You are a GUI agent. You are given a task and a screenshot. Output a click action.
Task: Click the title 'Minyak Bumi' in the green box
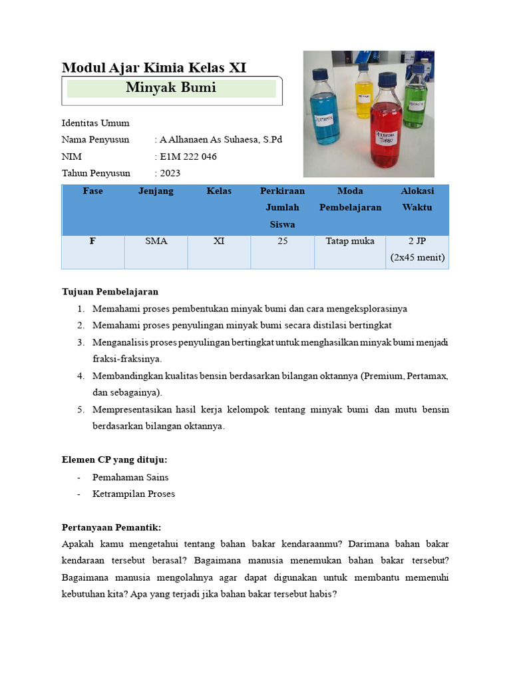coord(171,88)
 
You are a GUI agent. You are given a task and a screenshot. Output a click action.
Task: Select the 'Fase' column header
coord(93,191)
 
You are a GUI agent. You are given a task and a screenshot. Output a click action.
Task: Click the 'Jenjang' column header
coord(156,191)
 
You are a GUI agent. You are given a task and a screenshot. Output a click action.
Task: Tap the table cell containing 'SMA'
coord(156,241)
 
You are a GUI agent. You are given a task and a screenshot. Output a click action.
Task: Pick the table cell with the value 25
coord(282,241)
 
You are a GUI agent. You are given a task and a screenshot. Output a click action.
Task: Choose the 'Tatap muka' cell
coord(350,241)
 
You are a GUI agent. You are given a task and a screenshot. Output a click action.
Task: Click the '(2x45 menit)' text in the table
coord(417,258)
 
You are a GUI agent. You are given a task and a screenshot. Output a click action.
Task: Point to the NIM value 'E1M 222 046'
coord(188,157)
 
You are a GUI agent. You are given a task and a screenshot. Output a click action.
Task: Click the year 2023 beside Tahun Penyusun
coord(170,173)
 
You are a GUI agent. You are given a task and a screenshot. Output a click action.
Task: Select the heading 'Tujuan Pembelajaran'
coord(110,292)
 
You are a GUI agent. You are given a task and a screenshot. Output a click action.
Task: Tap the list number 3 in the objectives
coord(80,342)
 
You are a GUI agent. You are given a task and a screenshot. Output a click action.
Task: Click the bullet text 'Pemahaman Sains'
coord(130,477)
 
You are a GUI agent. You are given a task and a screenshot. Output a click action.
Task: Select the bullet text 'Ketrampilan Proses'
coord(134,494)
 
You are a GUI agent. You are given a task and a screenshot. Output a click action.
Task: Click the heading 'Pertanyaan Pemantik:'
coord(111,527)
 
